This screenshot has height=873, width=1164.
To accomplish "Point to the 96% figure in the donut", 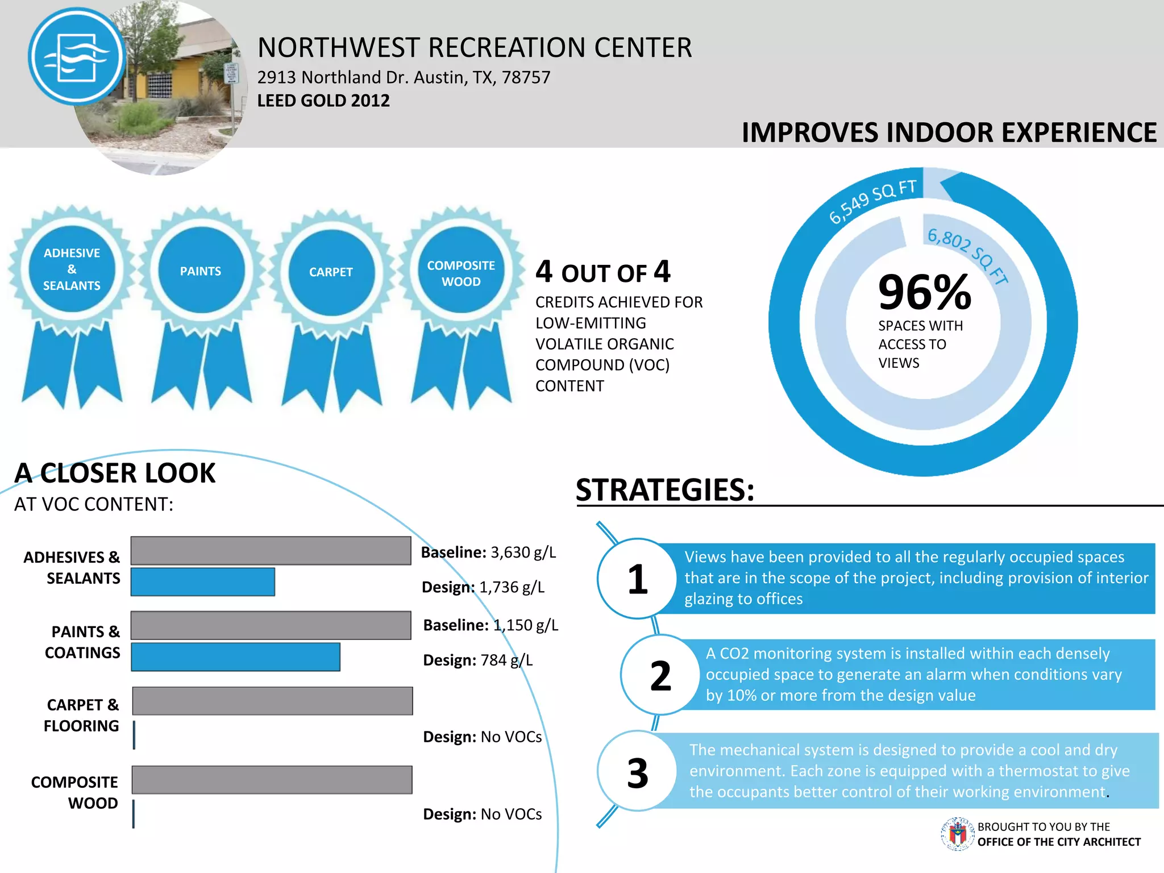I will (x=924, y=292).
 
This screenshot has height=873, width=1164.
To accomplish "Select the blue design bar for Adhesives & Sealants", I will (x=203, y=582).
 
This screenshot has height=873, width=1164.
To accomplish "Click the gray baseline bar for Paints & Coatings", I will (x=271, y=625).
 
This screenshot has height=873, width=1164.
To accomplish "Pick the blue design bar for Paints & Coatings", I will (x=236, y=657).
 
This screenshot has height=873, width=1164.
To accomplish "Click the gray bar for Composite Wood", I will (x=272, y=780).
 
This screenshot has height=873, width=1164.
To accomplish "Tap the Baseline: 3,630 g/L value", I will (x=488, y=552).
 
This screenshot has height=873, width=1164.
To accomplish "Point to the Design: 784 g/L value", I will (x=478, y=660).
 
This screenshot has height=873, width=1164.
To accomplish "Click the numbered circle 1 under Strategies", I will (x=638, y=579).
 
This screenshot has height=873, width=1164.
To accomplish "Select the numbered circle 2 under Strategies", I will (x=660, y=676).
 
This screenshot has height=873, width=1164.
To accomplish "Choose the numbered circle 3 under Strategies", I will (x=638, y=772).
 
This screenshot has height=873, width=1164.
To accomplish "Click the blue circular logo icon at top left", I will (x=77, y=56).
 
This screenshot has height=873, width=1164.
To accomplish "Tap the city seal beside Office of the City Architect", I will (x=958, y=834).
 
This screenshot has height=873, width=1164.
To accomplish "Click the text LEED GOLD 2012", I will (x=323, y=101).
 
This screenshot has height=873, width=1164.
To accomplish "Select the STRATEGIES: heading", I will (x=665, y=490).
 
